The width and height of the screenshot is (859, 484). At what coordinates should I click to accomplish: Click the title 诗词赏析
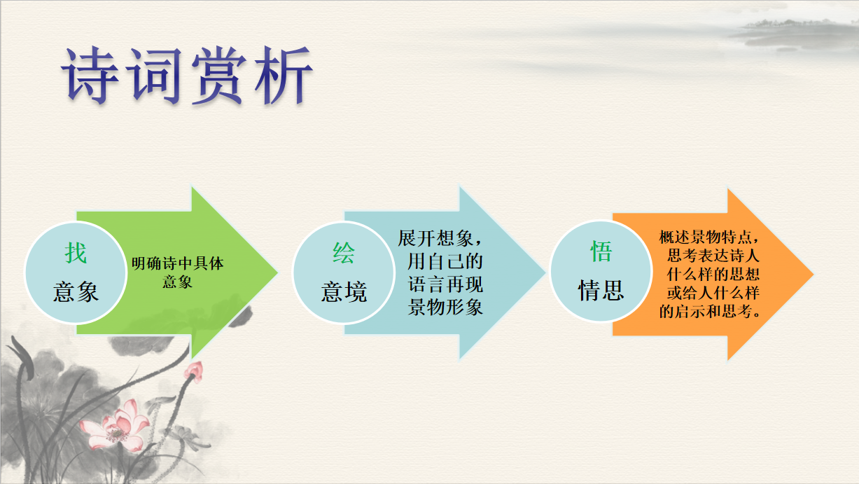tap(187, 75)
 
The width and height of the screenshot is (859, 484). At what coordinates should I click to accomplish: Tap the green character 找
tap(76, 253)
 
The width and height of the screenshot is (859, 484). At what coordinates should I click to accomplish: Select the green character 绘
tap(344, 253)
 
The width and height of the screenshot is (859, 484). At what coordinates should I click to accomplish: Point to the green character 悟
tap(601, 251)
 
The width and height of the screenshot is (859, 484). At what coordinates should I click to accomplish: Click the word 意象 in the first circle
tap(76, 291)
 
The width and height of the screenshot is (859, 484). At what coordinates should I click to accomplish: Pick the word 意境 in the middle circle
tap(344, 291)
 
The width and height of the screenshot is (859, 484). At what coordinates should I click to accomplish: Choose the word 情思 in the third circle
tap(601, 290)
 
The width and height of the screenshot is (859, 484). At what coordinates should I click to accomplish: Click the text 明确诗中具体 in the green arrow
tap(177, 263)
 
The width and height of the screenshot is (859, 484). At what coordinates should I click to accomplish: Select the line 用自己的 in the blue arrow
tap(445, 261)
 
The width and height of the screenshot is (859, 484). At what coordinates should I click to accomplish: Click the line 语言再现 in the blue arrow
tap(445, 284)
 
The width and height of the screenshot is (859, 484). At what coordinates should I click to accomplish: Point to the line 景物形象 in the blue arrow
tap(445, 307)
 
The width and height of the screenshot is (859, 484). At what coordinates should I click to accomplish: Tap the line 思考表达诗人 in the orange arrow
tap(713, 256)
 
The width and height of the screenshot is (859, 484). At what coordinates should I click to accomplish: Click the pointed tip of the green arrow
tap(278, 273)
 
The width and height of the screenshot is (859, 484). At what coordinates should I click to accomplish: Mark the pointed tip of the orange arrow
tap(813, 274)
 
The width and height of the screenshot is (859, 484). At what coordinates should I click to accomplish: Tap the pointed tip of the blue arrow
tap(545, 273)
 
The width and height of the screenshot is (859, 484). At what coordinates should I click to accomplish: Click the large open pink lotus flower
tap(114, 425)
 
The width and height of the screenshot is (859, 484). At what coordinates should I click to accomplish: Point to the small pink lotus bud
tap(195, 371)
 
